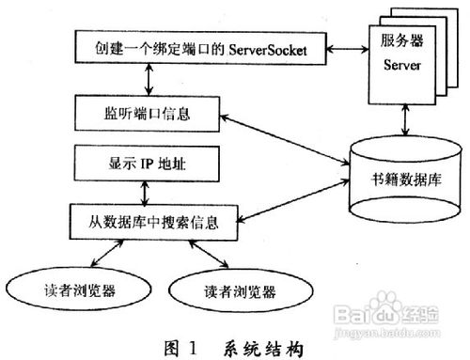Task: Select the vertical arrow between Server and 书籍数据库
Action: click(405, 120)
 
